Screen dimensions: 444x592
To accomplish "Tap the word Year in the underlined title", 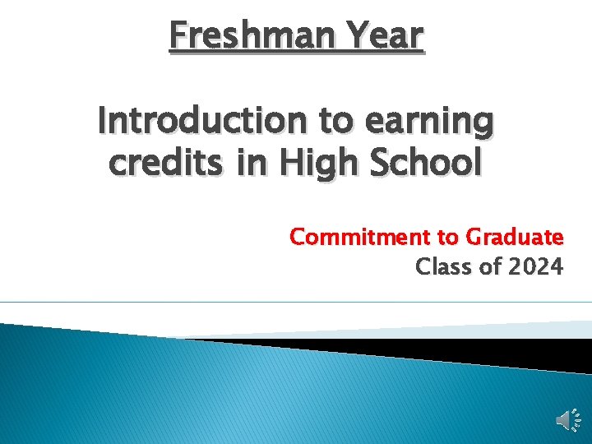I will (385, 36).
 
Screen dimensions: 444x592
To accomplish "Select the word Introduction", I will (203, 122).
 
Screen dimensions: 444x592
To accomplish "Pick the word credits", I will (166, 164).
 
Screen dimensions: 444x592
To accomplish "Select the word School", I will (429, 164).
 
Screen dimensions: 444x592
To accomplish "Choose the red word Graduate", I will (515, 238).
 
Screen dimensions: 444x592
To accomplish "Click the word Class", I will (442, 266).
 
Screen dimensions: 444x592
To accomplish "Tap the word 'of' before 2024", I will (488, 266).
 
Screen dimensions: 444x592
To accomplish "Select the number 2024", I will (535, 266).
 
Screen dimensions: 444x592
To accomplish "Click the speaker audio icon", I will (567, 421).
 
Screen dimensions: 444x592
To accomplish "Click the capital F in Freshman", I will (177, 36).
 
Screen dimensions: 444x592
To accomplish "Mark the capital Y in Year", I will (356, 36).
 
